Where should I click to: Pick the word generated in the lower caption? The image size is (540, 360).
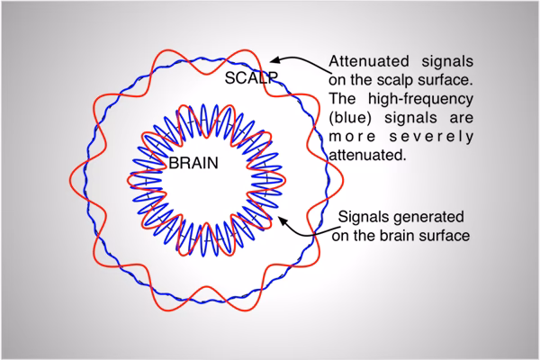click(430, 219)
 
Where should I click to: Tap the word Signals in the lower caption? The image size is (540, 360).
click(363, 219)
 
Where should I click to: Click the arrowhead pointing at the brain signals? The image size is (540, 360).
click(282, 221)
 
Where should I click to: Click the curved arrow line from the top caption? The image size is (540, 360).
click(310, 60)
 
